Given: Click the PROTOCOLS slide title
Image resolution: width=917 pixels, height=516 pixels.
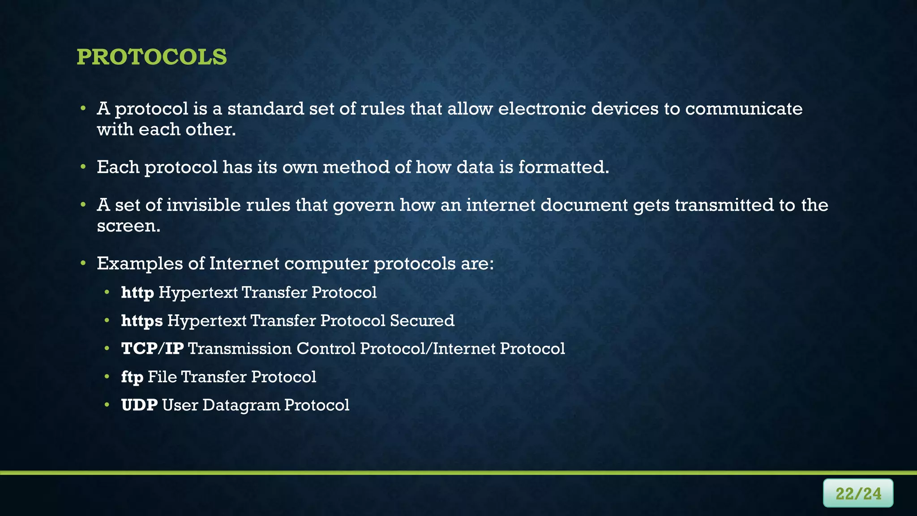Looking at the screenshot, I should click(x=151, y=57).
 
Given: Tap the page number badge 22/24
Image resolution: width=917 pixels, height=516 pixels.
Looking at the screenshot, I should click(x=858, y=493).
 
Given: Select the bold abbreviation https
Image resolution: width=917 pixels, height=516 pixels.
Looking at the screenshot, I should click(x=141, y=321).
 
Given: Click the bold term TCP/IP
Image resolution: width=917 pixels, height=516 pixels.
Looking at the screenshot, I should click(x=152, y=348).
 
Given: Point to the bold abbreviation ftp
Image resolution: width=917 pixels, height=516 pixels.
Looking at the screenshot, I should click(x=132, y=377).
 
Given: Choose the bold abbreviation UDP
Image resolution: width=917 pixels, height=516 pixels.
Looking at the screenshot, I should click(x=139, y=405).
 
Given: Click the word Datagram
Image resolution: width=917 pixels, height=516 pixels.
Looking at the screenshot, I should click(x=241, y=405).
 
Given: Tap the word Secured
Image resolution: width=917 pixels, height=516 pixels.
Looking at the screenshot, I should click(x=422, y=321).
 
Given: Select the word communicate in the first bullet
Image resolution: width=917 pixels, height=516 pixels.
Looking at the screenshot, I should click(x=744, y=109).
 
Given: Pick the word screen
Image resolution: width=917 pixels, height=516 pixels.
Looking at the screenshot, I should click(x=128, y=226).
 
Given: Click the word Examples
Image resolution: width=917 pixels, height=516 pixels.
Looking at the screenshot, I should click(x=140, y=263).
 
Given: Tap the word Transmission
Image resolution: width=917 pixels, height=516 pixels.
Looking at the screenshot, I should click(x=240, y=348).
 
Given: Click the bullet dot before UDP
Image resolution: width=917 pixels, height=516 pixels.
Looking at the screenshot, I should click(x=107, y=405).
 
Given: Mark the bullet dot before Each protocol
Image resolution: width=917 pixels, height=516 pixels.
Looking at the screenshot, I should click(x=83, y=167).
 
